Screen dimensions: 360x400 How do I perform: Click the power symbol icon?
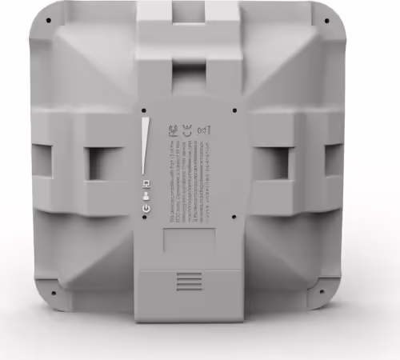[x=145, y=208]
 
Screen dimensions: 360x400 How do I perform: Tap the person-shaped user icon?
[x=145, y=196]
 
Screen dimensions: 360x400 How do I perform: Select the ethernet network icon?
[x=145, y=184]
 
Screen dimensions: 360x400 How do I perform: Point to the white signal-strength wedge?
[x=146, y=144]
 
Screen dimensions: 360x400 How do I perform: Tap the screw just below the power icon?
[x=145, y=218]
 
